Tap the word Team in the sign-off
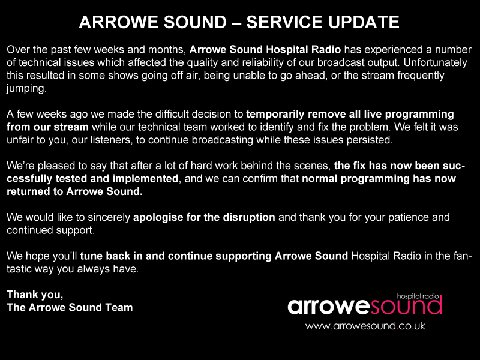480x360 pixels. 120,308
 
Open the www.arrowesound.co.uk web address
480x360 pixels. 365,326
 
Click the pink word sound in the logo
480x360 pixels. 406,307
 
